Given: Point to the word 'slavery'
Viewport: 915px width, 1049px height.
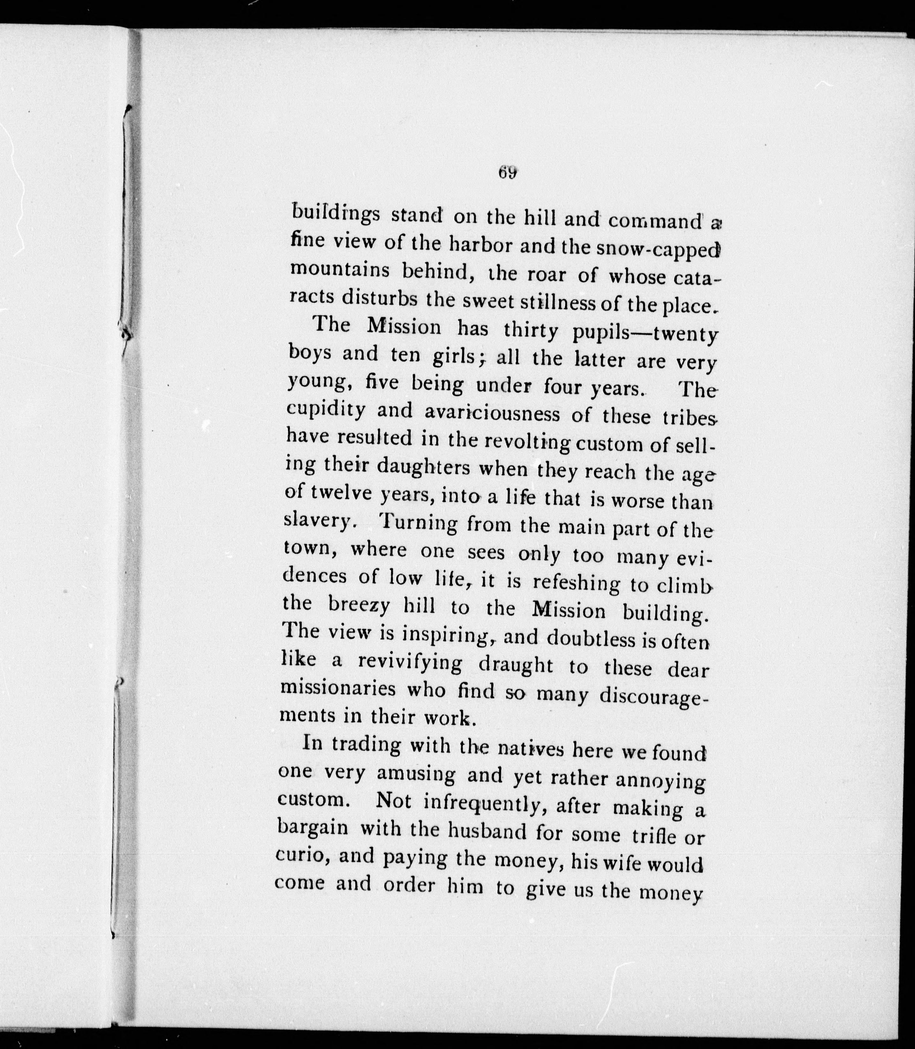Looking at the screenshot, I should point(316,521).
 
